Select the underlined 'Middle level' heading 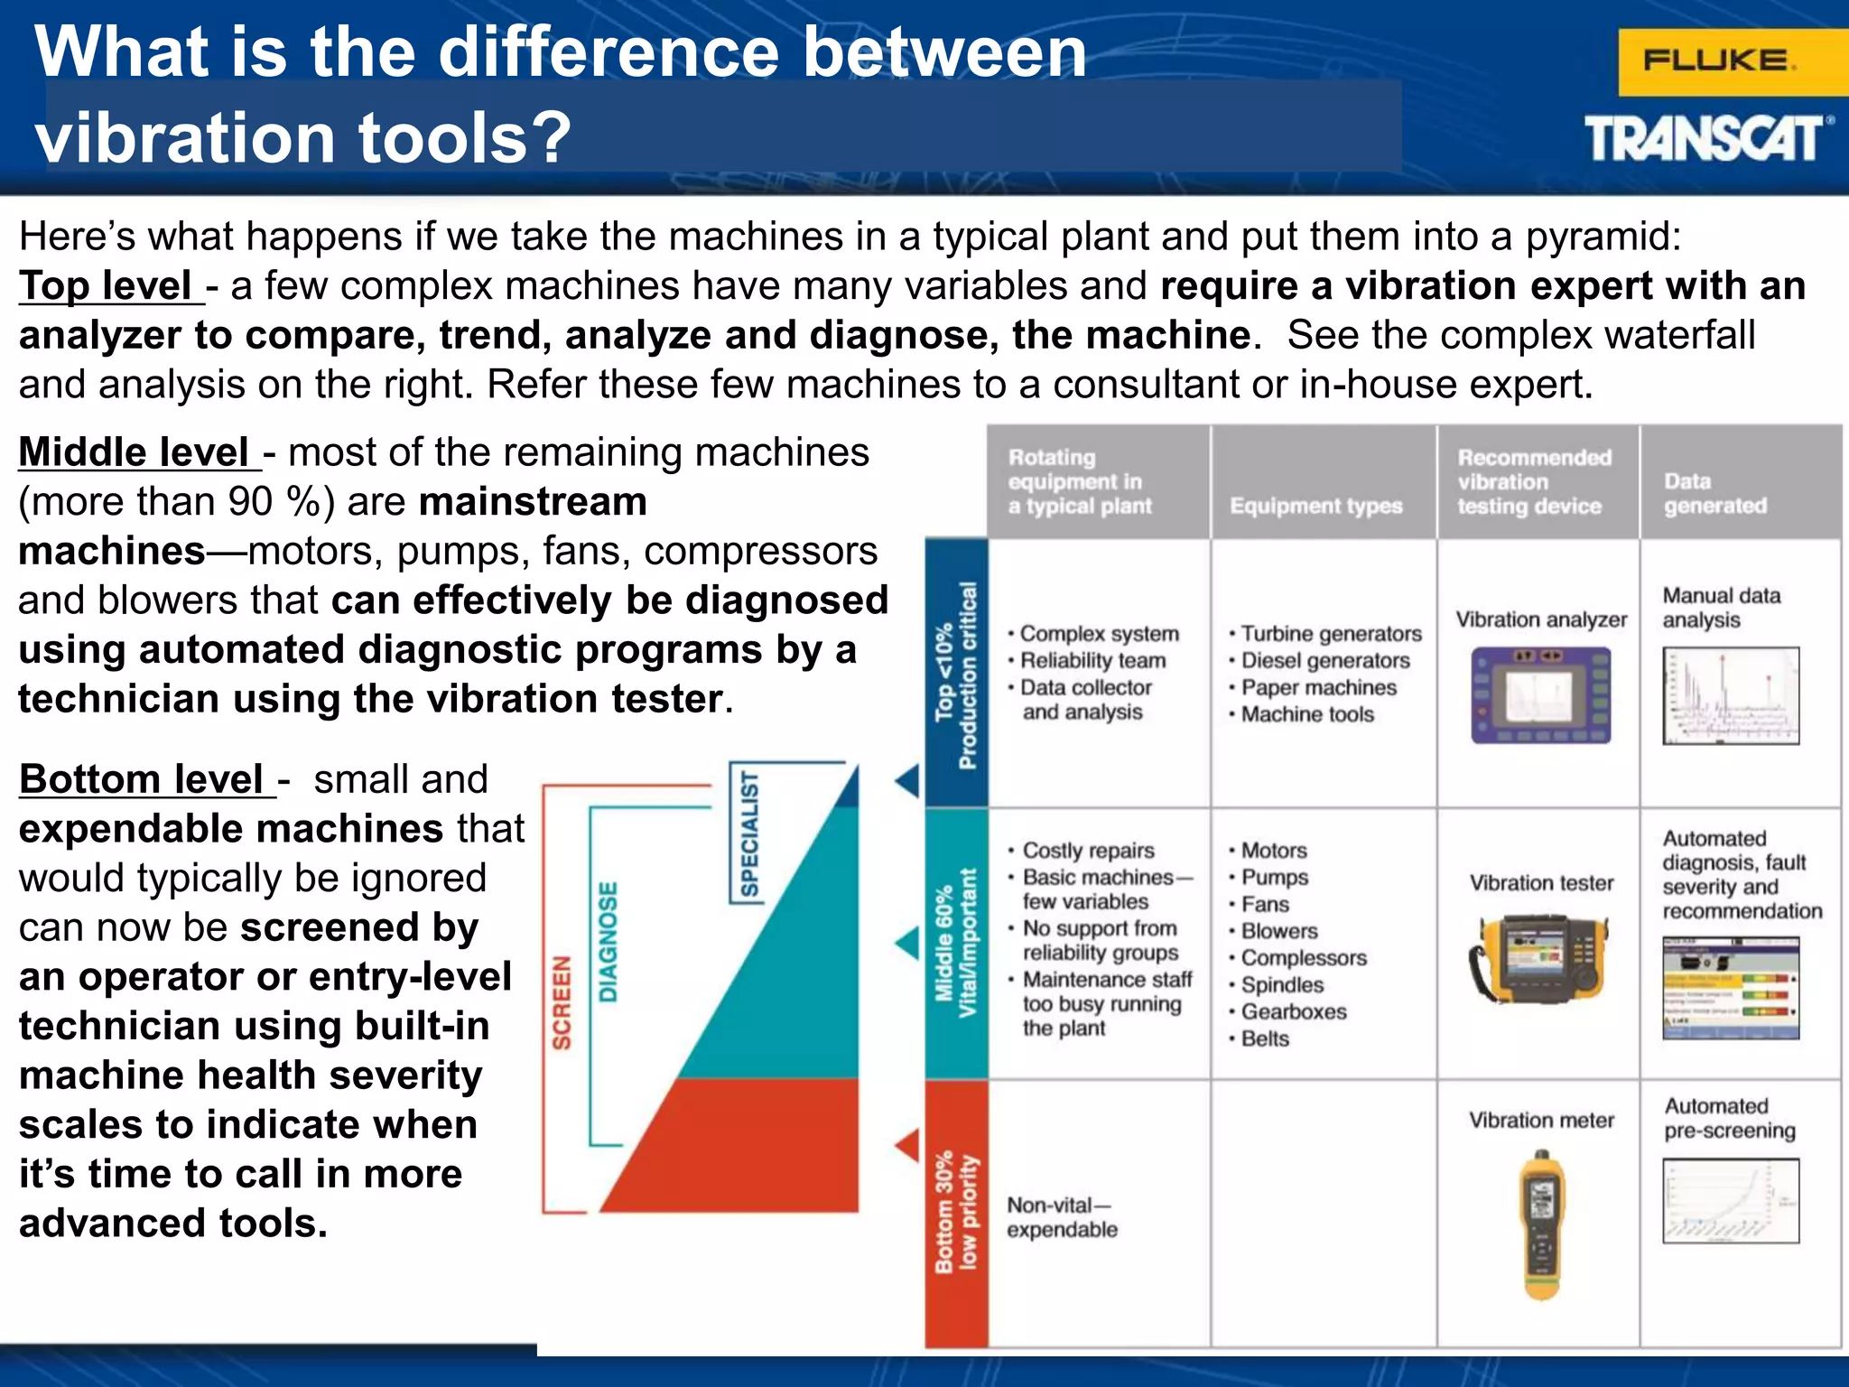[136, 452]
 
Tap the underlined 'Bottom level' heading [144, 779]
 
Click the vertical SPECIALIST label [750, 833]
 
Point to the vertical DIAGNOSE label [609, 941]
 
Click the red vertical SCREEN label [562, 1001]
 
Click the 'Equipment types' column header [1315, 506]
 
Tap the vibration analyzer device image [1540, 695]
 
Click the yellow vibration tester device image [1539, 958]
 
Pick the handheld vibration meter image [1541, 1224]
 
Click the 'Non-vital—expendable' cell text [1062, 1216]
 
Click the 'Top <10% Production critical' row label [956, 674]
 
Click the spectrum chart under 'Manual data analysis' [1730, 696]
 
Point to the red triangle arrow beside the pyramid [907, 1145]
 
